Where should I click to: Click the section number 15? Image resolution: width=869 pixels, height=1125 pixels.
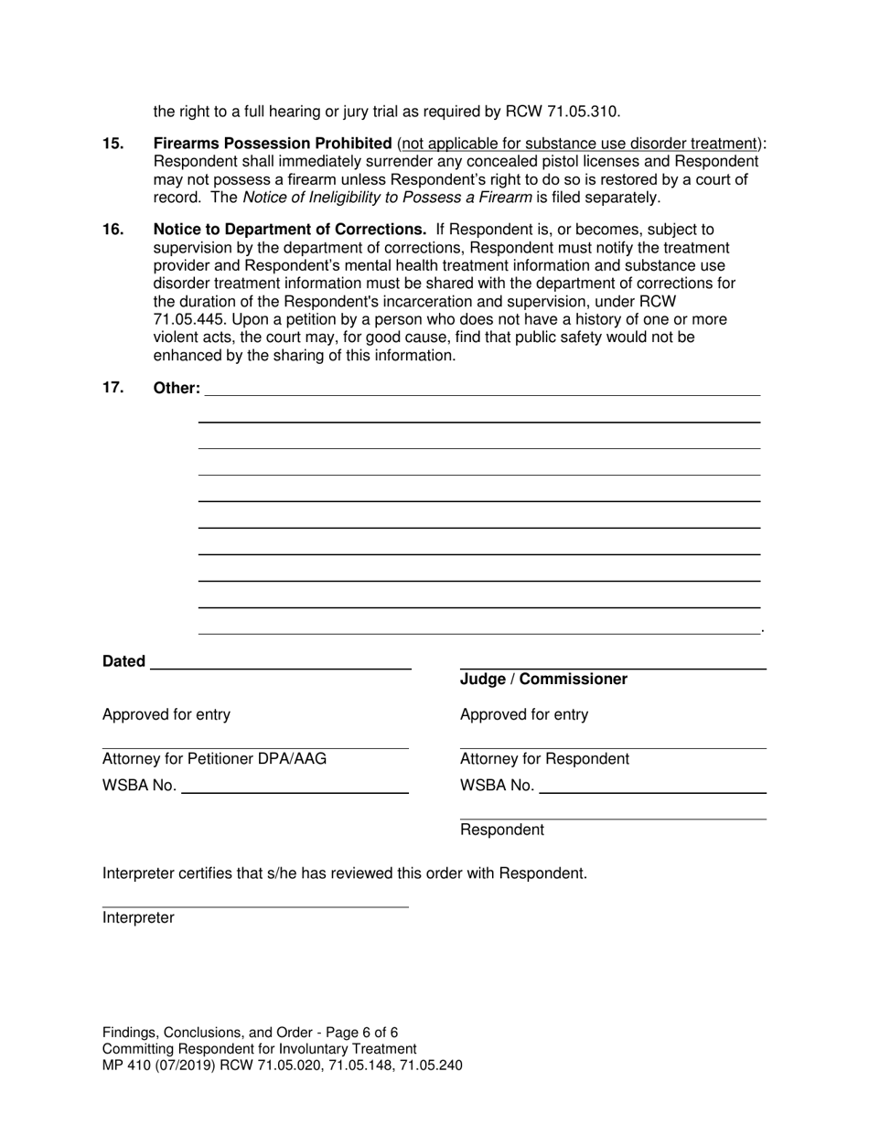113,144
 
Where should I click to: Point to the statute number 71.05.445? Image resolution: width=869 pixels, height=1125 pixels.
191,319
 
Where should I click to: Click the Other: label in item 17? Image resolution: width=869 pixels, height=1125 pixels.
177,388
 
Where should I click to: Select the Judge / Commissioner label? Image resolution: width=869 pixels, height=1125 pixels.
543,680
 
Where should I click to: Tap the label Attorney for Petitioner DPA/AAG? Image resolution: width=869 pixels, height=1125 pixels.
214,759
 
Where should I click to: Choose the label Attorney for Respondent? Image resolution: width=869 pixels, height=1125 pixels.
544,759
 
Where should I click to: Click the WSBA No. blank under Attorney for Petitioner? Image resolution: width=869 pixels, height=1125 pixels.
295,787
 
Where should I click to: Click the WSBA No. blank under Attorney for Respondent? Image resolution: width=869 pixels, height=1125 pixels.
652,787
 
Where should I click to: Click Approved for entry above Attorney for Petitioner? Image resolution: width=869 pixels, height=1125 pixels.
166,715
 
